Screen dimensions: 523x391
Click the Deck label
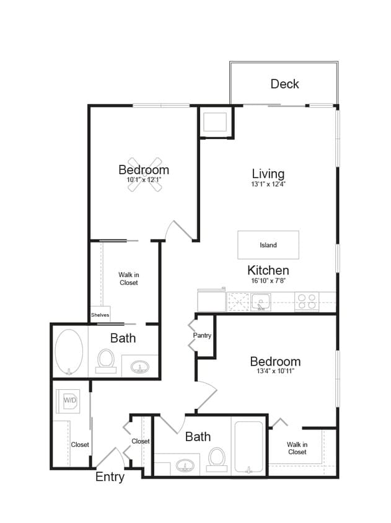click(284, 84)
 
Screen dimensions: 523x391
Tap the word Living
click(268, 174)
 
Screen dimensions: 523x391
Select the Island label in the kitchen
click(268, 245)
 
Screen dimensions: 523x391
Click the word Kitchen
click(268, 270)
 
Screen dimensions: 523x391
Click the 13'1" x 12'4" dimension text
click(268, 184)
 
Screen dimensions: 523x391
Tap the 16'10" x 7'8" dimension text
click(268, 280)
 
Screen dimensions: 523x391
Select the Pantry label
click(202, 336)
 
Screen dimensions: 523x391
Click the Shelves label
click(100, 315)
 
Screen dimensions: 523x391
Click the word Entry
click(110, 477)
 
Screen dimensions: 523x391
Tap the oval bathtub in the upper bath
click(69, 352)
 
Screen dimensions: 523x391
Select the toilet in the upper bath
click(106, 361)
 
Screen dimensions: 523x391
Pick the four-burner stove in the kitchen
click(306, 302)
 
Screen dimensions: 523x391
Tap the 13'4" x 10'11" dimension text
click(275, 372)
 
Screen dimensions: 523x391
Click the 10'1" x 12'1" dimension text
click(144, 180)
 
